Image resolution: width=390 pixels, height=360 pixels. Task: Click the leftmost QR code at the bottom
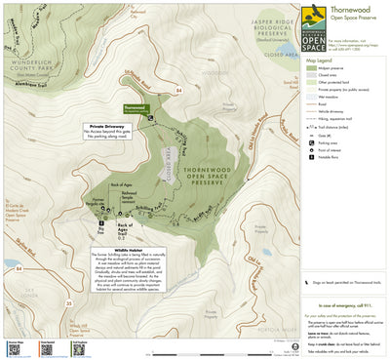coord(13,348)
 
